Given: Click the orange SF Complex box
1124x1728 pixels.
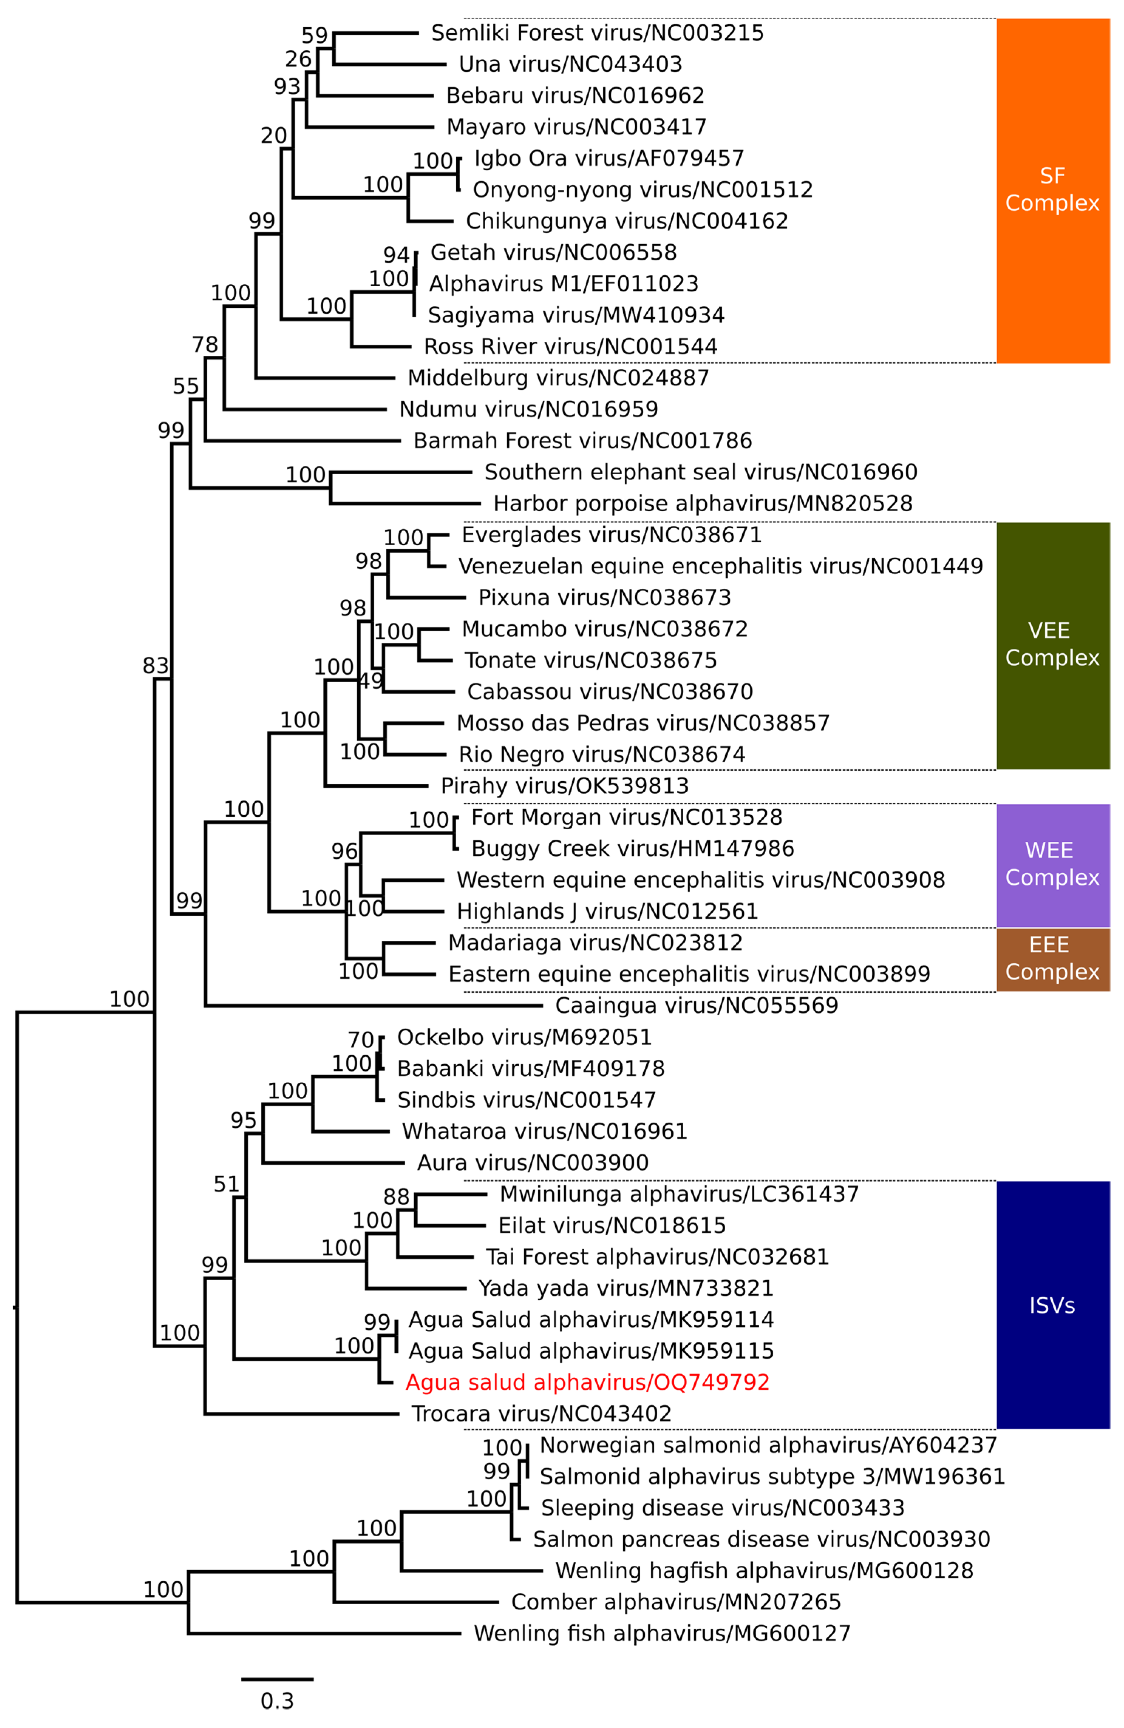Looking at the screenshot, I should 1052,190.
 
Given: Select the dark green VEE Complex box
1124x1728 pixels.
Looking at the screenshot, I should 1052,645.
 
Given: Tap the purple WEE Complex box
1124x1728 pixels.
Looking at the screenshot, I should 1052,865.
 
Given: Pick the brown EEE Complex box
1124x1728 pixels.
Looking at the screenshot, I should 1052,959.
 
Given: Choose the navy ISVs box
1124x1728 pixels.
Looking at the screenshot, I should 1052,1305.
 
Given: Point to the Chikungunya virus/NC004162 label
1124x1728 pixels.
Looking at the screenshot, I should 627,221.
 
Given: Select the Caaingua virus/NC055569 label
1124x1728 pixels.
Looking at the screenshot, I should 696,1005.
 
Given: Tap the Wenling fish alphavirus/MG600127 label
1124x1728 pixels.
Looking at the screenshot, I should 661,1633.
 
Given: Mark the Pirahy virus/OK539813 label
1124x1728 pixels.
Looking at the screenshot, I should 564,786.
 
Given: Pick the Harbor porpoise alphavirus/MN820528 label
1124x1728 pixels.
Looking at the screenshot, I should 702,503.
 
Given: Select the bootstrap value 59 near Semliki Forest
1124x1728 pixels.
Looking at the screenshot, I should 314,35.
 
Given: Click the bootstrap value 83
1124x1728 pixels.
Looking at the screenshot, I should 156,665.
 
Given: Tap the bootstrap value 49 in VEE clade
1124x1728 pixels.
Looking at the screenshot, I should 371,681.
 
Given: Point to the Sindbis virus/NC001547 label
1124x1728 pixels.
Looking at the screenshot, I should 527,1100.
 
